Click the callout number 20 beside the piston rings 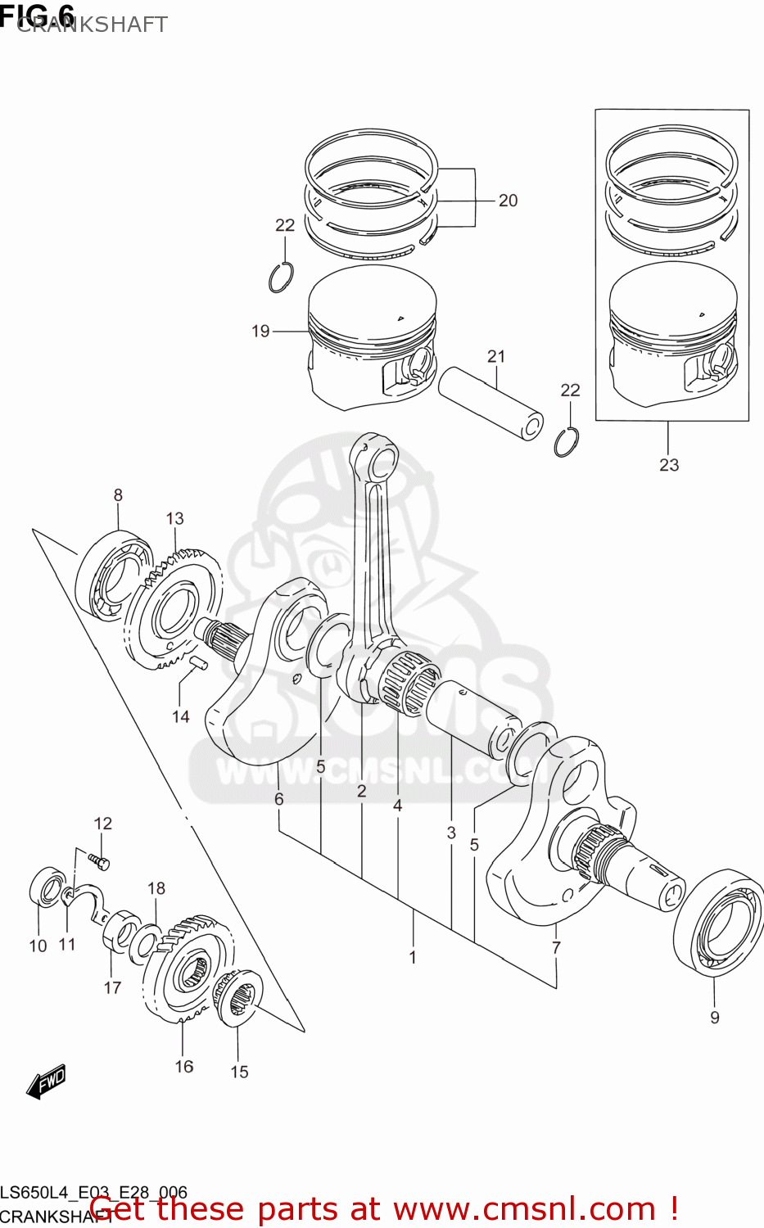click(508, 201)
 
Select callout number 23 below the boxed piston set click(669, 465)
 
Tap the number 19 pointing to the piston click(260, 331)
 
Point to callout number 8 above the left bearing click(118, 495)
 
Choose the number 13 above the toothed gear click(174, 518)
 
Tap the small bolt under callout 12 click(99, 860)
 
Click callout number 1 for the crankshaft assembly click(413, 957)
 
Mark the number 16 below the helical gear click(184, 1066)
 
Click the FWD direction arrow click(46, 1082)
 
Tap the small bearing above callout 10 click(47, 889)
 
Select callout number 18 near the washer click(156, 888)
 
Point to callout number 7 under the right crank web click(556, 947)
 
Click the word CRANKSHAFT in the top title click(92, 25)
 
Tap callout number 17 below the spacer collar click(112, 987)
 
